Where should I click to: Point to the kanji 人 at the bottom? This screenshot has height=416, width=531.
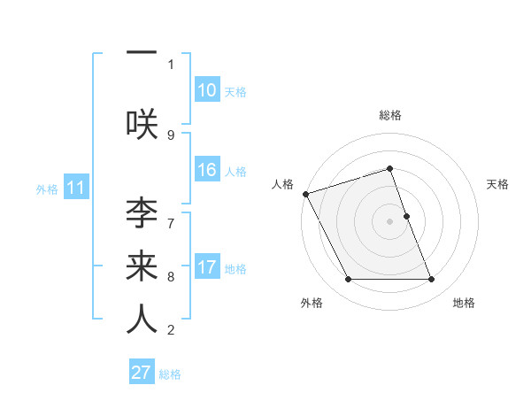pos(142,319)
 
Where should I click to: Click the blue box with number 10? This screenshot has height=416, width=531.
pos(206,90)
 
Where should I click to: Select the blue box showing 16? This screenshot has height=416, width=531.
pos(206,170)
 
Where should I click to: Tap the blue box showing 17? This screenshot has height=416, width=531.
pos(206,267)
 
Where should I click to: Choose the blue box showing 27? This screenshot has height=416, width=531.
pos(142,373)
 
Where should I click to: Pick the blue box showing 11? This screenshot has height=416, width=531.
pos(76,188)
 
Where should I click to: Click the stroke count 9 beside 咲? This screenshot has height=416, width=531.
pos(171,135)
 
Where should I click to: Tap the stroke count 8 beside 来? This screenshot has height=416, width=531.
pos(171,276)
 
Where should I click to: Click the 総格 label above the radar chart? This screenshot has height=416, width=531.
pos(390,115)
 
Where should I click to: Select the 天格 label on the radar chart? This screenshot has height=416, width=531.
pos(498,184)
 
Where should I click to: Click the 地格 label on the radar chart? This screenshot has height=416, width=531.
pos(464,303)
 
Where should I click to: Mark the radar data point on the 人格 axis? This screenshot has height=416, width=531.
pos(305,194)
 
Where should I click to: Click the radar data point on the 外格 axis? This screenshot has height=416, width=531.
pos(348,280)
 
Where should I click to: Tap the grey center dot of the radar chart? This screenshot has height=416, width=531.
pos(390,221)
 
